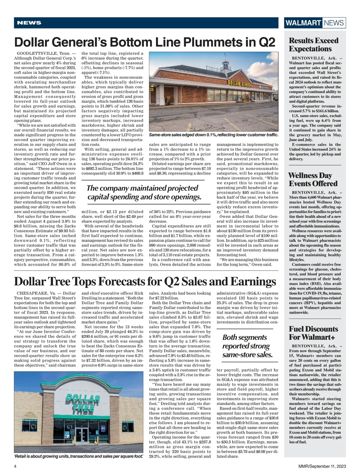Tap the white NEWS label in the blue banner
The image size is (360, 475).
29,23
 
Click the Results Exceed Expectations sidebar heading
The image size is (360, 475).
313,45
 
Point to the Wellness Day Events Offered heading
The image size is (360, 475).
313,180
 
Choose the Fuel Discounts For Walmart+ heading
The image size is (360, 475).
313,333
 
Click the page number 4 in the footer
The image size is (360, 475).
15,466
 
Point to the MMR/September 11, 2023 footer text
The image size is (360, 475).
320,466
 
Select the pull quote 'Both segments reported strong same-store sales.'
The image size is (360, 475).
247,346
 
